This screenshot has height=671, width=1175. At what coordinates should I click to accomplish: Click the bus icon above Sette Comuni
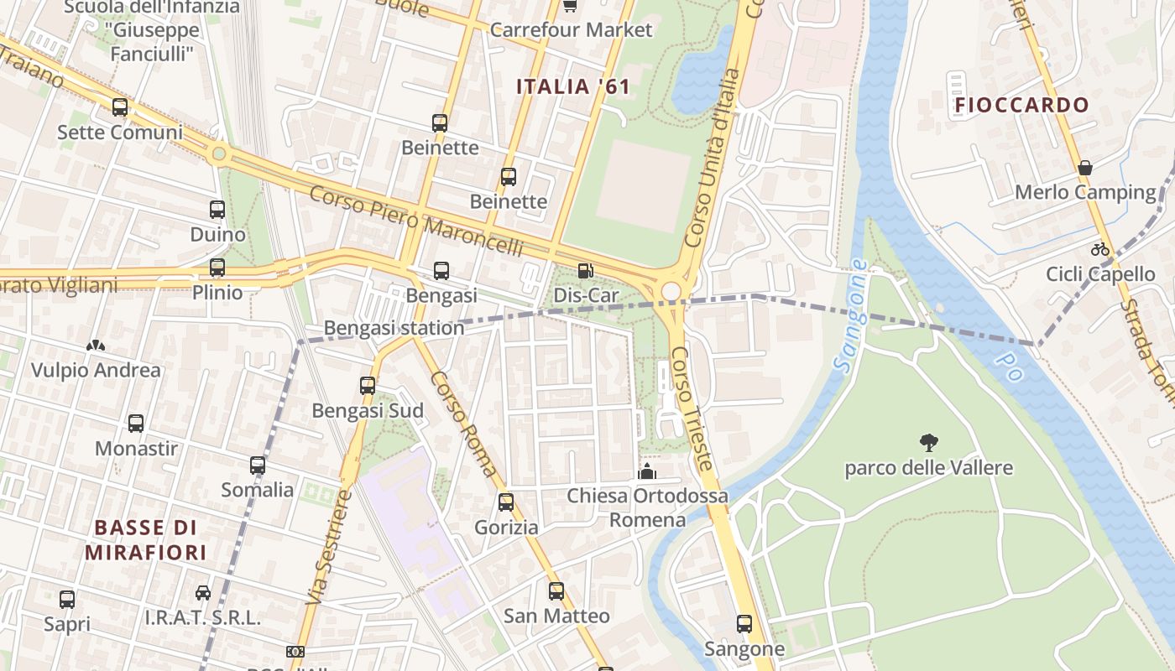coord(120,107)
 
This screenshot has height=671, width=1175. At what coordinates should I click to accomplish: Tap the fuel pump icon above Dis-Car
coord(585,271)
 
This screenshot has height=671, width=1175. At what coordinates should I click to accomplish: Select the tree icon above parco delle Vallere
coord(928,442)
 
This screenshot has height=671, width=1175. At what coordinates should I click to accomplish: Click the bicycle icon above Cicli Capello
coord(1100,249)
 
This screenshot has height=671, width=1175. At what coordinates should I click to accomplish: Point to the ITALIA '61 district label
coord(572,86)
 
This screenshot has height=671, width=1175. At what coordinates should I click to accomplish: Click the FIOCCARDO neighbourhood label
coord(1021,105)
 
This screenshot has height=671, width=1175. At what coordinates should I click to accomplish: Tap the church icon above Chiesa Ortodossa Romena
coord(647,471)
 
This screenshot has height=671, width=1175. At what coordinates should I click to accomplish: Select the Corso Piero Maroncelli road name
coord(416,221)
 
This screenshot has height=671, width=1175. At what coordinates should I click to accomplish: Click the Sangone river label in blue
coord(849,316)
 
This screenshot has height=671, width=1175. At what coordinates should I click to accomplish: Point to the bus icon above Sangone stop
coord(744,624)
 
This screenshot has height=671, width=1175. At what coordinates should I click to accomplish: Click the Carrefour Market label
coord(571,30)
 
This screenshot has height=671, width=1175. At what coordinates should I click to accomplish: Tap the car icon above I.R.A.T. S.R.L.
coord(203,593)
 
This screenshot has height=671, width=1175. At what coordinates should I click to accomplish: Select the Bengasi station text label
coord(394,328)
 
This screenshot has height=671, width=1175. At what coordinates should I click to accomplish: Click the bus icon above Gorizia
coord(506,502)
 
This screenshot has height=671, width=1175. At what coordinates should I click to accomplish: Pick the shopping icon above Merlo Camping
coord(1085,168)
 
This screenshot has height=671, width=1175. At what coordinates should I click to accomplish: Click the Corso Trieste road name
coord(693,408)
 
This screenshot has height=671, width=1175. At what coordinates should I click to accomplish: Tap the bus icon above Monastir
coord(136,424)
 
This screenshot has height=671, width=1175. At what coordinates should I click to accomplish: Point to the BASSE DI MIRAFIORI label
coord(145,540)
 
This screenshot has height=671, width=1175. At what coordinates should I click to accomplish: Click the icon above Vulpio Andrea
coord(96,346)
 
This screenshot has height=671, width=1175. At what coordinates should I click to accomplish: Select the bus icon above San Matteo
coord(556,591)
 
